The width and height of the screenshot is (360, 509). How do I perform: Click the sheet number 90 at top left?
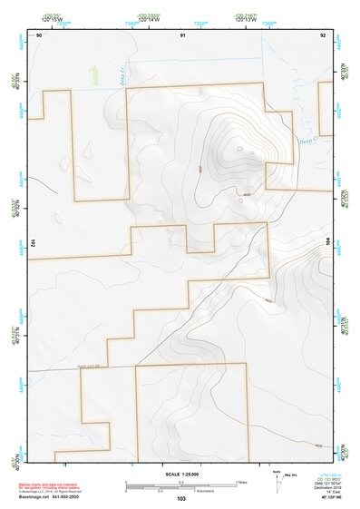(x=39, y=34)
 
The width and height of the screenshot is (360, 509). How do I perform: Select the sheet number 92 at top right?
(x=323, y=34)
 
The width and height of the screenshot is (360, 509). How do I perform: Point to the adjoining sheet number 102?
(x=33, y=243)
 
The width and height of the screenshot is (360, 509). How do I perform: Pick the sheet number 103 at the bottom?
(x=181, y=499)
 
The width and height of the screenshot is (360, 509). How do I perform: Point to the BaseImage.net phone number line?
(x=51, y=497)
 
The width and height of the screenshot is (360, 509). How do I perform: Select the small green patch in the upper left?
(x=92, y=72)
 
